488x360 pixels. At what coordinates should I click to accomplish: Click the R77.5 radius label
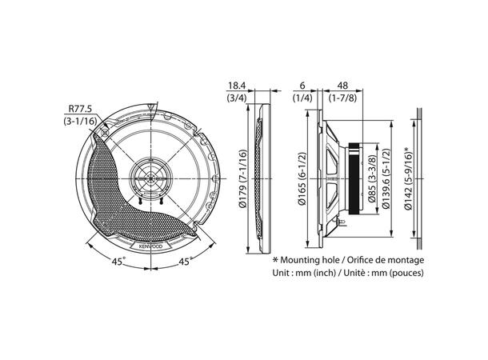80,109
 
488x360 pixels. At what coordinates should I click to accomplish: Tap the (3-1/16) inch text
80,121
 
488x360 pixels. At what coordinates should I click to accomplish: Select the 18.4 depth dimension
237,86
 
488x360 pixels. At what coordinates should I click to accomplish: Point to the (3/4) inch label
237,98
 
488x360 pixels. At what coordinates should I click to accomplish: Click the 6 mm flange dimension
302,86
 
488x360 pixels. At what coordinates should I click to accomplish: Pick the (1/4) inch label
302,98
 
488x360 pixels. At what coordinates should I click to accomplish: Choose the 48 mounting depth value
342,86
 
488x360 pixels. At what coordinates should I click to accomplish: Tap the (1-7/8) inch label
342,98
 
